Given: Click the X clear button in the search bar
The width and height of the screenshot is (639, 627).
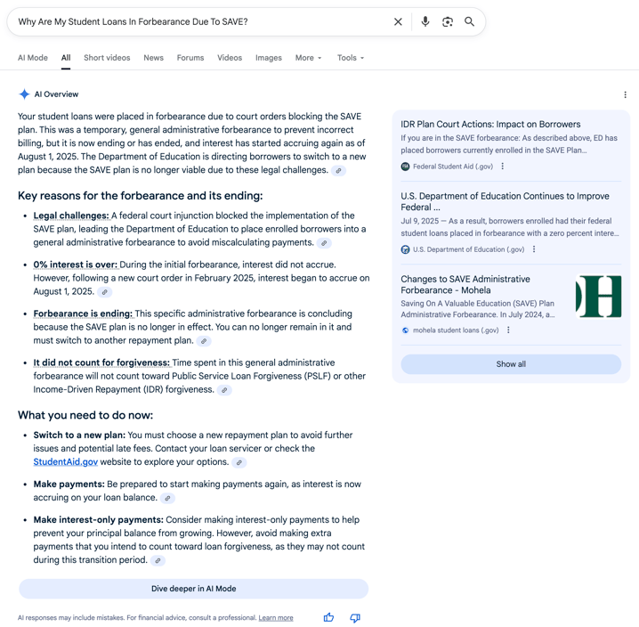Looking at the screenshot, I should coord(398,21).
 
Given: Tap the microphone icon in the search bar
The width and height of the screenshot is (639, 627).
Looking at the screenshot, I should coord(425,21).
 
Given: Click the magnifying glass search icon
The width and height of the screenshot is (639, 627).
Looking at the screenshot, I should coord(470,21).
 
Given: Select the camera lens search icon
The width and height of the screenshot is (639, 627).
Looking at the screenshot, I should coord(448,21).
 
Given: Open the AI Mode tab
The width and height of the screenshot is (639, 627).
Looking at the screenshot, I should coord(33,58).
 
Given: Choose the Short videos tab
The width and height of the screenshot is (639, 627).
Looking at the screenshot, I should coord(107,58).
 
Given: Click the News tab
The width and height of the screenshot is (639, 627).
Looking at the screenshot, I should coord(153,58).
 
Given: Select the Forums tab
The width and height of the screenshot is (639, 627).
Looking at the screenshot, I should coord(190,58).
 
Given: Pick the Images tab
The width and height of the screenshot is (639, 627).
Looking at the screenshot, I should coord(268,58).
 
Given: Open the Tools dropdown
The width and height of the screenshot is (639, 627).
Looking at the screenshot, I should coord(350,58).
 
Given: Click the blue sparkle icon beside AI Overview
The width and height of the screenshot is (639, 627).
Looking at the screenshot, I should coord(24,94).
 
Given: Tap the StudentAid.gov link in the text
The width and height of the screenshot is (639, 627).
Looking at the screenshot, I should coord(66,462).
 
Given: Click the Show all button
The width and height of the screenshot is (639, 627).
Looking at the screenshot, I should coord(511,364).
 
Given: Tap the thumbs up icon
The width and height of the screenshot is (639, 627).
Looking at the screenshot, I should coord(328,617).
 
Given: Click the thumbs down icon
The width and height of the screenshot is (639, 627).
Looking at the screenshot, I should coord(355,617).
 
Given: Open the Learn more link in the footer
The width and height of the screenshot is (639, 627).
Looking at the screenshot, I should coord(276,618).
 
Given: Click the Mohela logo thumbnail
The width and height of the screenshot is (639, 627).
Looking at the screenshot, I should coord(598,297).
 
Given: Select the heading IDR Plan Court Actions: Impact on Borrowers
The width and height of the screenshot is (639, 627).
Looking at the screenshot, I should coord(490,125).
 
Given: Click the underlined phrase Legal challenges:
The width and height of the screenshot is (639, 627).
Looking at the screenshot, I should coord(71,216).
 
